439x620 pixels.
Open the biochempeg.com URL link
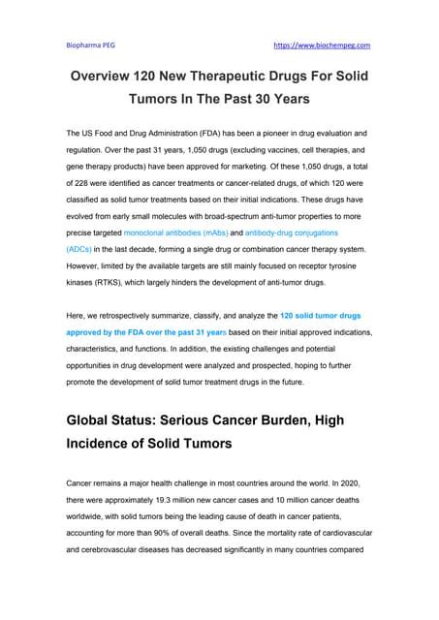click(324, 45)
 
